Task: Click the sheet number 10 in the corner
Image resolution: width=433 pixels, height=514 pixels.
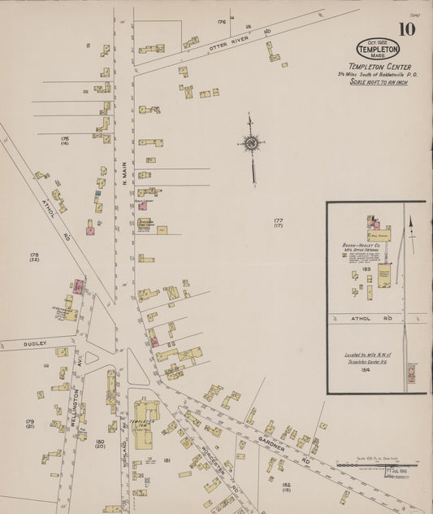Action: tap(406, 29)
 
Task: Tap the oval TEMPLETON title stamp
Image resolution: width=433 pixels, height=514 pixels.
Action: tap(378, 50)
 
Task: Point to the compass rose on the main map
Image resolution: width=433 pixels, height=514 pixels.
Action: tap(252, 145)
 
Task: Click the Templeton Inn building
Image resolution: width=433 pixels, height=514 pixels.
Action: tap(144, 423)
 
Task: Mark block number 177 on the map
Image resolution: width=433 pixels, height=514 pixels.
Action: tap(279, 220)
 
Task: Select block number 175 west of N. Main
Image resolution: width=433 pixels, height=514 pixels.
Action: tap(64, 139)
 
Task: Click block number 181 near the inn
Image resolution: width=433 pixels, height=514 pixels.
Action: tap(166, 460)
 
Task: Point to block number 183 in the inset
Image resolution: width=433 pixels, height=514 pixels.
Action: tap(367, 269)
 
